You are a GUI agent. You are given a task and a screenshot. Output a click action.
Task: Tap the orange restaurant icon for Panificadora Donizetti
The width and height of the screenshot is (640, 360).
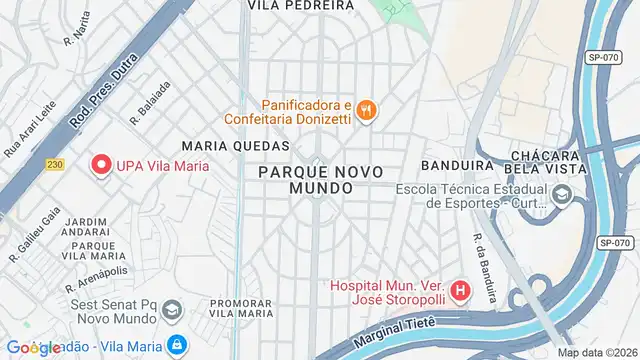click(x=367, y=111)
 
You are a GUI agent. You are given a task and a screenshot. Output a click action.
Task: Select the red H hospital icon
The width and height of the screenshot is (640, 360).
click(x=460, y=292)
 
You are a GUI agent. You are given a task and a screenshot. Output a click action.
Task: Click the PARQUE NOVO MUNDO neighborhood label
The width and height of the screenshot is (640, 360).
click(x=320, y=180)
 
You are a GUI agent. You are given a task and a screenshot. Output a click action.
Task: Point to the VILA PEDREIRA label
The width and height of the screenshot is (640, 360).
click(x=300, y=5)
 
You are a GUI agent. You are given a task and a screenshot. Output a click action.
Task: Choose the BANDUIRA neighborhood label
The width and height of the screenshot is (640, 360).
click(x=459, y=165)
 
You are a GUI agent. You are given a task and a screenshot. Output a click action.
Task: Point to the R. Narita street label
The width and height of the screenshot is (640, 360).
click(x=76, y=37)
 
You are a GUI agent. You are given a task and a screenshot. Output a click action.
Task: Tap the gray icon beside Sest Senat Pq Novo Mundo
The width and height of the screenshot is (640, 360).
click(x=171, y=309)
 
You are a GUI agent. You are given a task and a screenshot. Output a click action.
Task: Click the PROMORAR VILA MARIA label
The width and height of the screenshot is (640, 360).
click(x=241, y=308)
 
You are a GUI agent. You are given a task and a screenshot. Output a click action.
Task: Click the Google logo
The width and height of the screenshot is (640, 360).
click(x=32, y=348)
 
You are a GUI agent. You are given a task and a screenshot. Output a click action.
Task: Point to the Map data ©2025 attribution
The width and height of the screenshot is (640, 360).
click(x=597, y=352)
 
